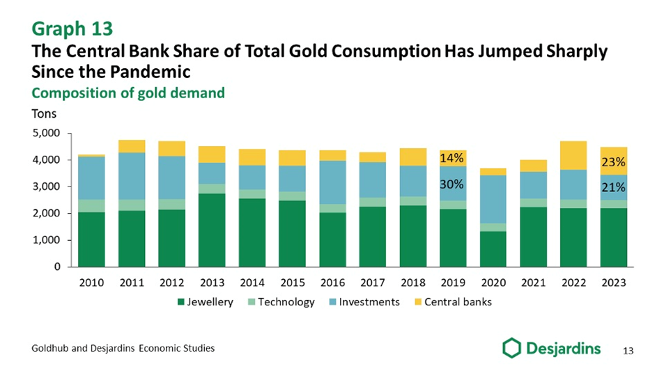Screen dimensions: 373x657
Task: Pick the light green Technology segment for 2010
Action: pyautogui.click(x=91, y=206)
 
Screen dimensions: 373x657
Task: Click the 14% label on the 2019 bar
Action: pyautogui.click(x=451, y=158)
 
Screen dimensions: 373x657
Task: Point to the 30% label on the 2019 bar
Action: pyautogui.click(x=451, y=185)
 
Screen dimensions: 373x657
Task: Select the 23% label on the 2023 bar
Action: pyautogui.click(x=613, y=162)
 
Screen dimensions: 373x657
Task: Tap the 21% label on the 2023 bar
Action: pyautogui.click(x=613, y=188)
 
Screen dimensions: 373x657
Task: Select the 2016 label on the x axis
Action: pyautogui.click(x=332, y=283)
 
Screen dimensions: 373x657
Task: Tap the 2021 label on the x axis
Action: pyautogui.click(x=533, y=283)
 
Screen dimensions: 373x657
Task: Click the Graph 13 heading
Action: pyautogui.click(x=72, y=29)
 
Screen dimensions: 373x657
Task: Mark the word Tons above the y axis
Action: pyautogui.click(x=45, y=113)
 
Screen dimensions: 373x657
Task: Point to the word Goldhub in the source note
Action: pyautogui.click(x=51, y=349)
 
